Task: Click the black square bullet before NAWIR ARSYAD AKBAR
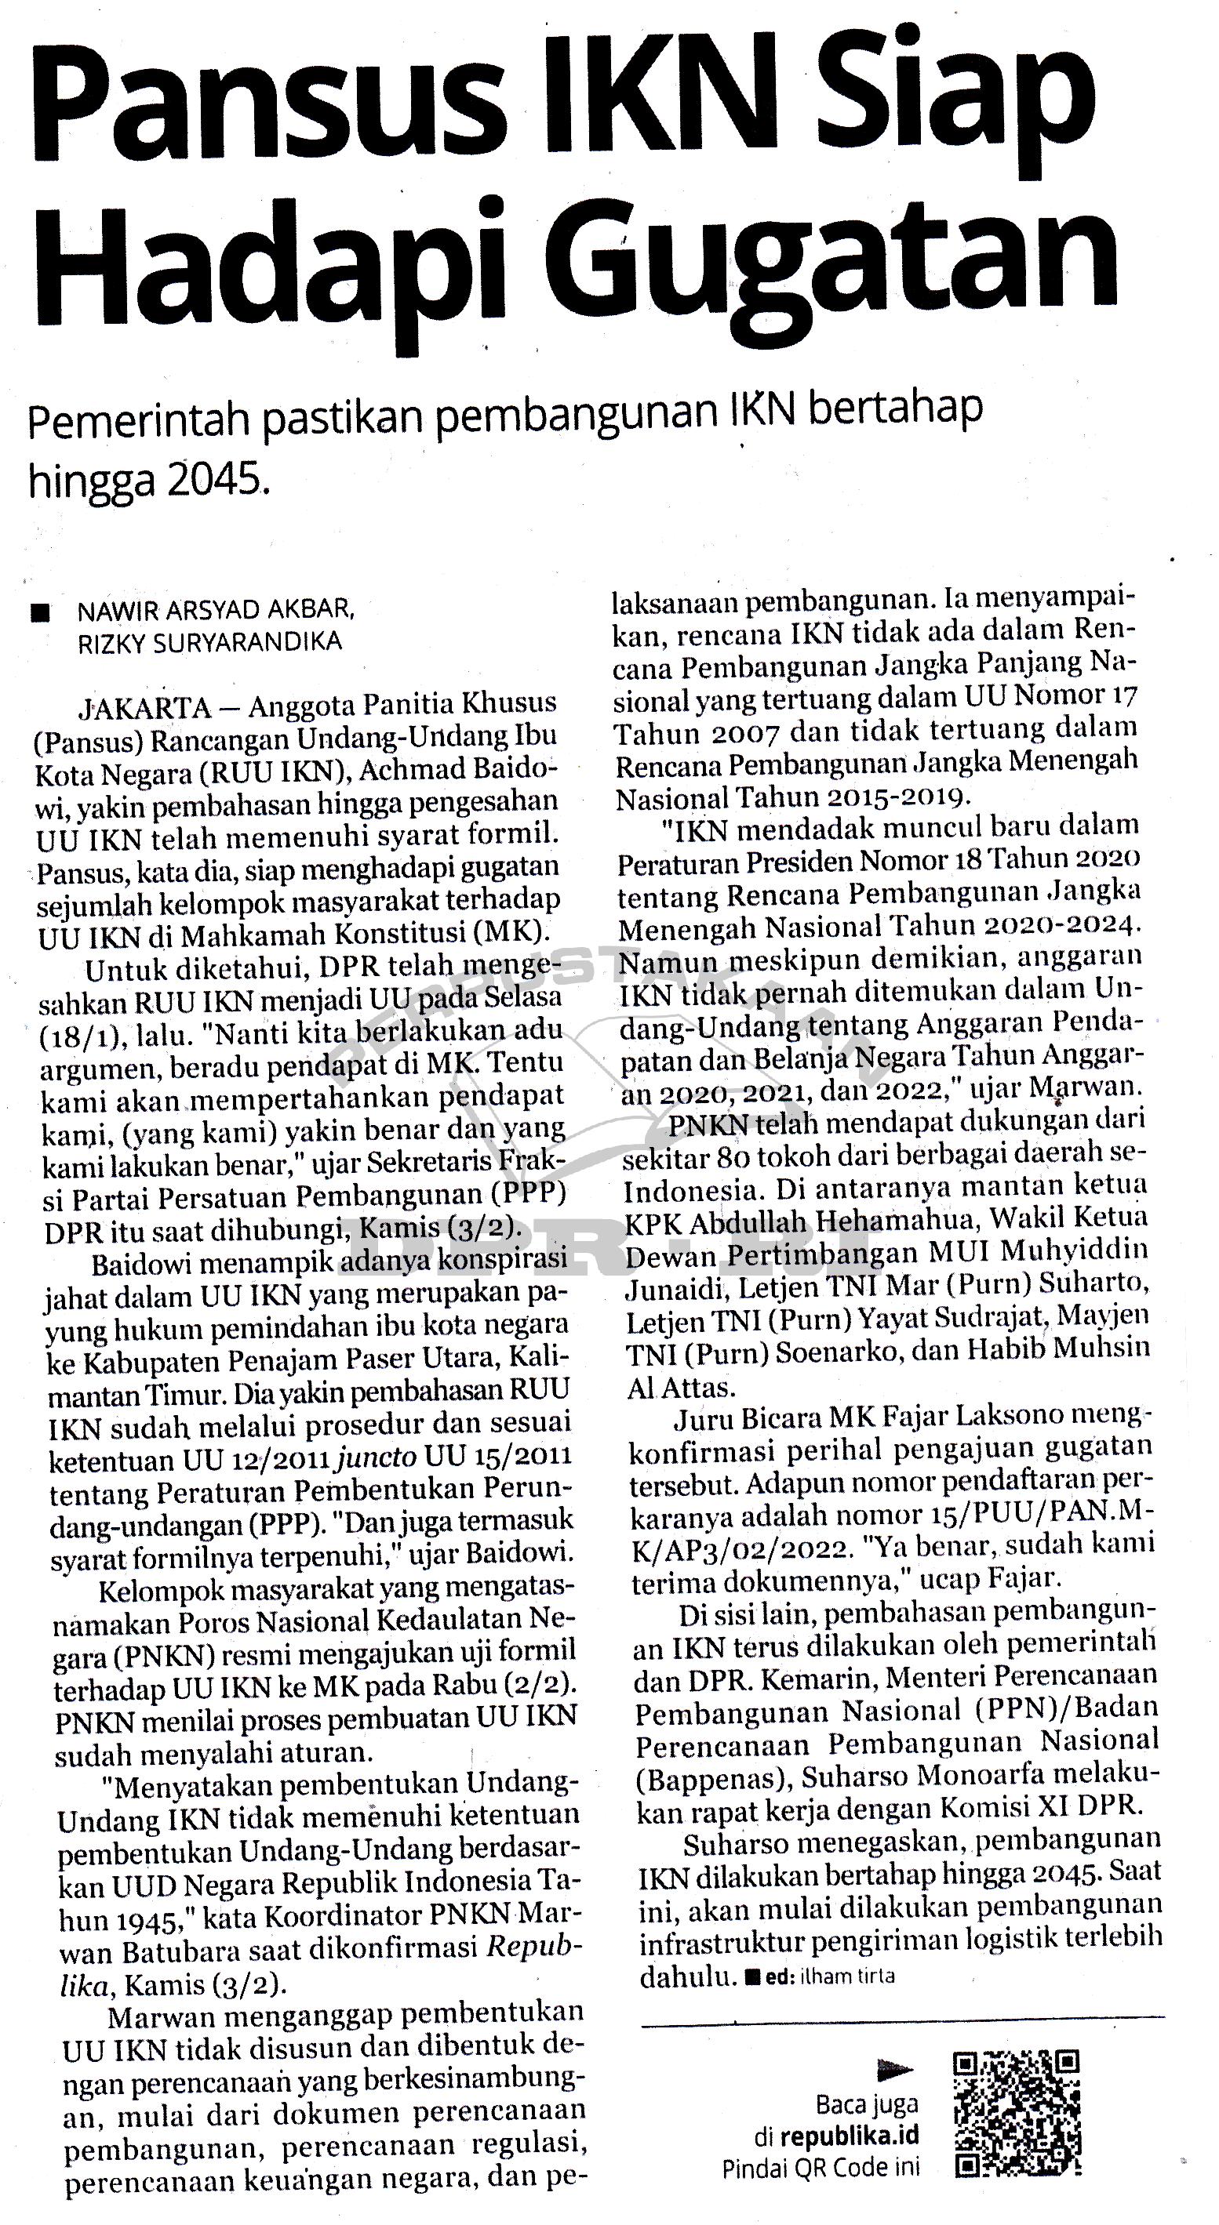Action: point(40,612)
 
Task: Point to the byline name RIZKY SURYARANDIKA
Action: point(210,642)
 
